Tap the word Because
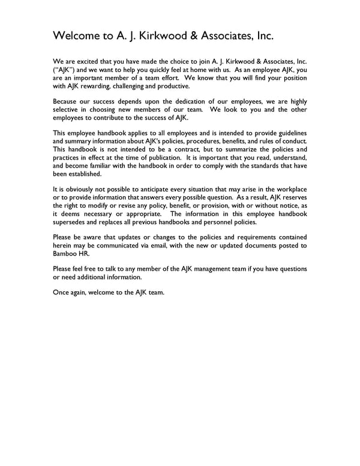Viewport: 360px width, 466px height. pyautogui.click(x=67, y=101)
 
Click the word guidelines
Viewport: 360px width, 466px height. pyautogui.click(x=290, y=133)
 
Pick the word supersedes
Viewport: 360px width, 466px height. pyautogui.click(x=71, y=221)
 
